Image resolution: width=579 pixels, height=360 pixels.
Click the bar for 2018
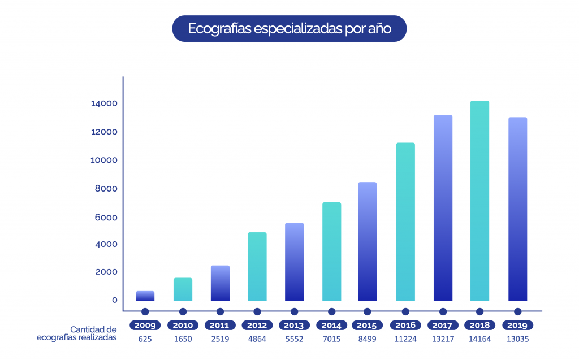pyautogui.click(x=479, y=201)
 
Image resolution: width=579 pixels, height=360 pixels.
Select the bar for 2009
pyautogui.click(x=145, y=296)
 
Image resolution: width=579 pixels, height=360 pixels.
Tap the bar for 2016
pyautogui.click(x=405, y=222)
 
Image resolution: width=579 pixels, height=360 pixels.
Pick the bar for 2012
pyautogui.click(x=257, y=266)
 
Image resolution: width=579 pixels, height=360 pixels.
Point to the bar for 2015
pyautogui.click(x=368, y=241)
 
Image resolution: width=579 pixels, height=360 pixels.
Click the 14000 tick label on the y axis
pyautogui.click(x=104, y=103)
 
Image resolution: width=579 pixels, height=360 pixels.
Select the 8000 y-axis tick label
pyautogui.click(x=106, y=189)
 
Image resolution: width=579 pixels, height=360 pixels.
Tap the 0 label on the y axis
pyautogui.click(x=114, y=300)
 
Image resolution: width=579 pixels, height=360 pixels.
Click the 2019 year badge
pyautogui.click(x=517, y=325)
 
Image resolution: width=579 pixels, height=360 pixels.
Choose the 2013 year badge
pyautogui.click(x=295, y=325)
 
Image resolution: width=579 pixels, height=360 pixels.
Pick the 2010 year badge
pyautogui.click(x=183, y=325)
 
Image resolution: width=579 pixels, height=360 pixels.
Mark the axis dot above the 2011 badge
pyautogui.click(x=220, y=311)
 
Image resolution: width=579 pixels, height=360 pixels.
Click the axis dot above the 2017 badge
pyautogui.click(x=443, y=311)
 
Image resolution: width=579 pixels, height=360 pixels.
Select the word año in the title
pyautogui.click(x=378, y=28)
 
